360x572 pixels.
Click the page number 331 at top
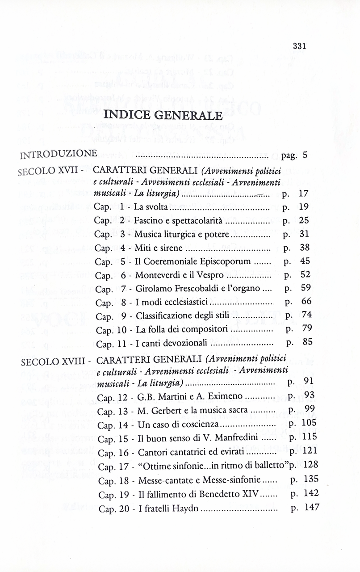pyautogui.click(x=299, y=46)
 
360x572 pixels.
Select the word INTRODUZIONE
pyautogui.click(x=59, y=155)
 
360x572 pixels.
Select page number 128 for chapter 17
pyautogui.click(x=310, y=465)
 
